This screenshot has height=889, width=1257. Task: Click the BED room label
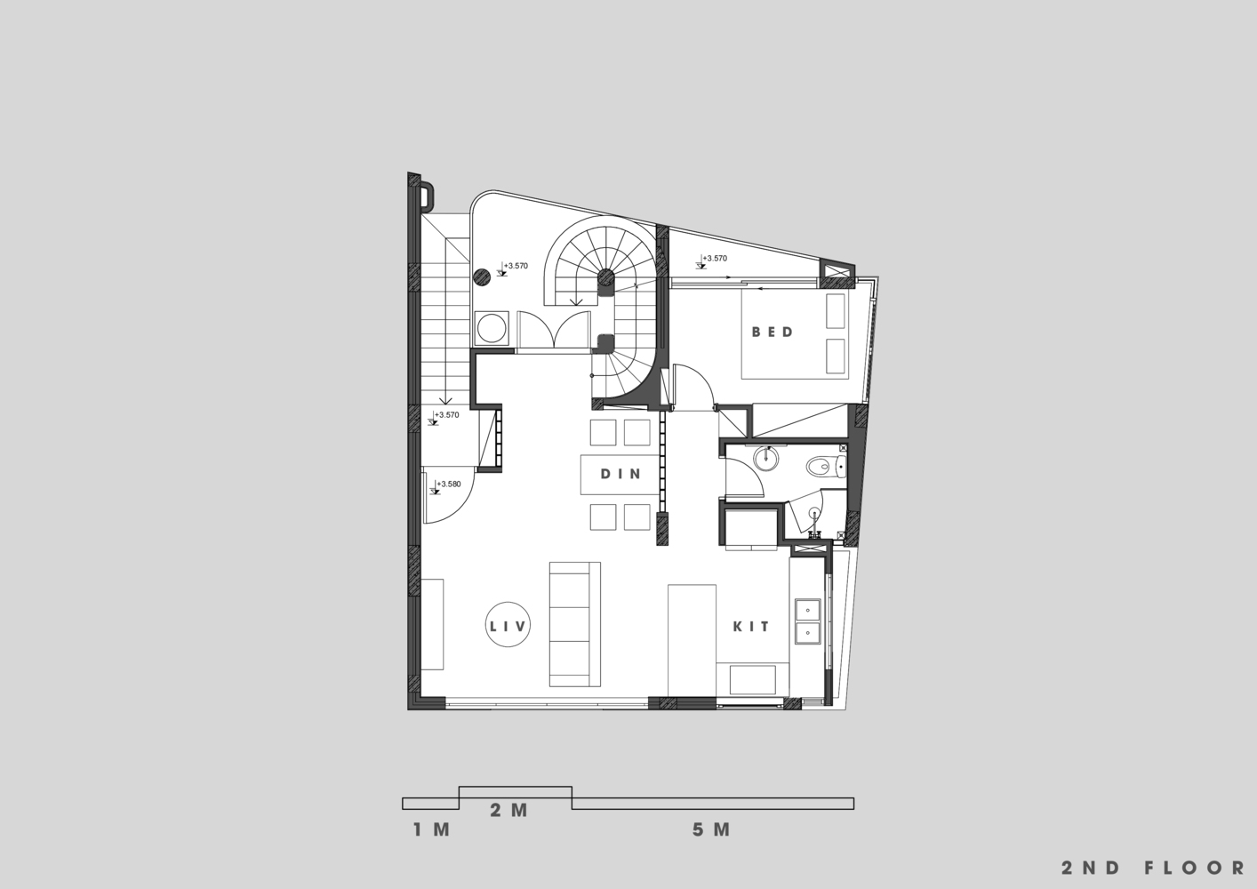pos(773,332)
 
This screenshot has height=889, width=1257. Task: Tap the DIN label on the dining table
pos(620,474)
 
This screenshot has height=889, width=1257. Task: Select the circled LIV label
pos(508,625)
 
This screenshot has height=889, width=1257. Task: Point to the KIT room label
pos(751,627)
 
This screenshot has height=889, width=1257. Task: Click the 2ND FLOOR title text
pos(1153,868)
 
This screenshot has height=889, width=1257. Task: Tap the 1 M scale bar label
pos(431,829)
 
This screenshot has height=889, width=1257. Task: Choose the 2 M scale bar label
pos(509,810)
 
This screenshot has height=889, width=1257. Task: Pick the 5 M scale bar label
pos(711,829)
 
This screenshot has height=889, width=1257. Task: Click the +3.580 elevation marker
pos(448,484)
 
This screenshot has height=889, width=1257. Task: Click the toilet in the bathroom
pos(826,466)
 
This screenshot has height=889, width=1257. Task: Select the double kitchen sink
pos(807,621)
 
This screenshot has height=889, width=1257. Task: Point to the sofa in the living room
pos(574,624)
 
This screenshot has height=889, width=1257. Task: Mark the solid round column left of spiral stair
pos(482,276)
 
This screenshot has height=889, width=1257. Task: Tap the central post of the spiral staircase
pos(605,277)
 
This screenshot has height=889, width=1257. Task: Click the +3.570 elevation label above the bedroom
pos(715,258)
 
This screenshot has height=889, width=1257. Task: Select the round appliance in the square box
pos(492,328)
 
